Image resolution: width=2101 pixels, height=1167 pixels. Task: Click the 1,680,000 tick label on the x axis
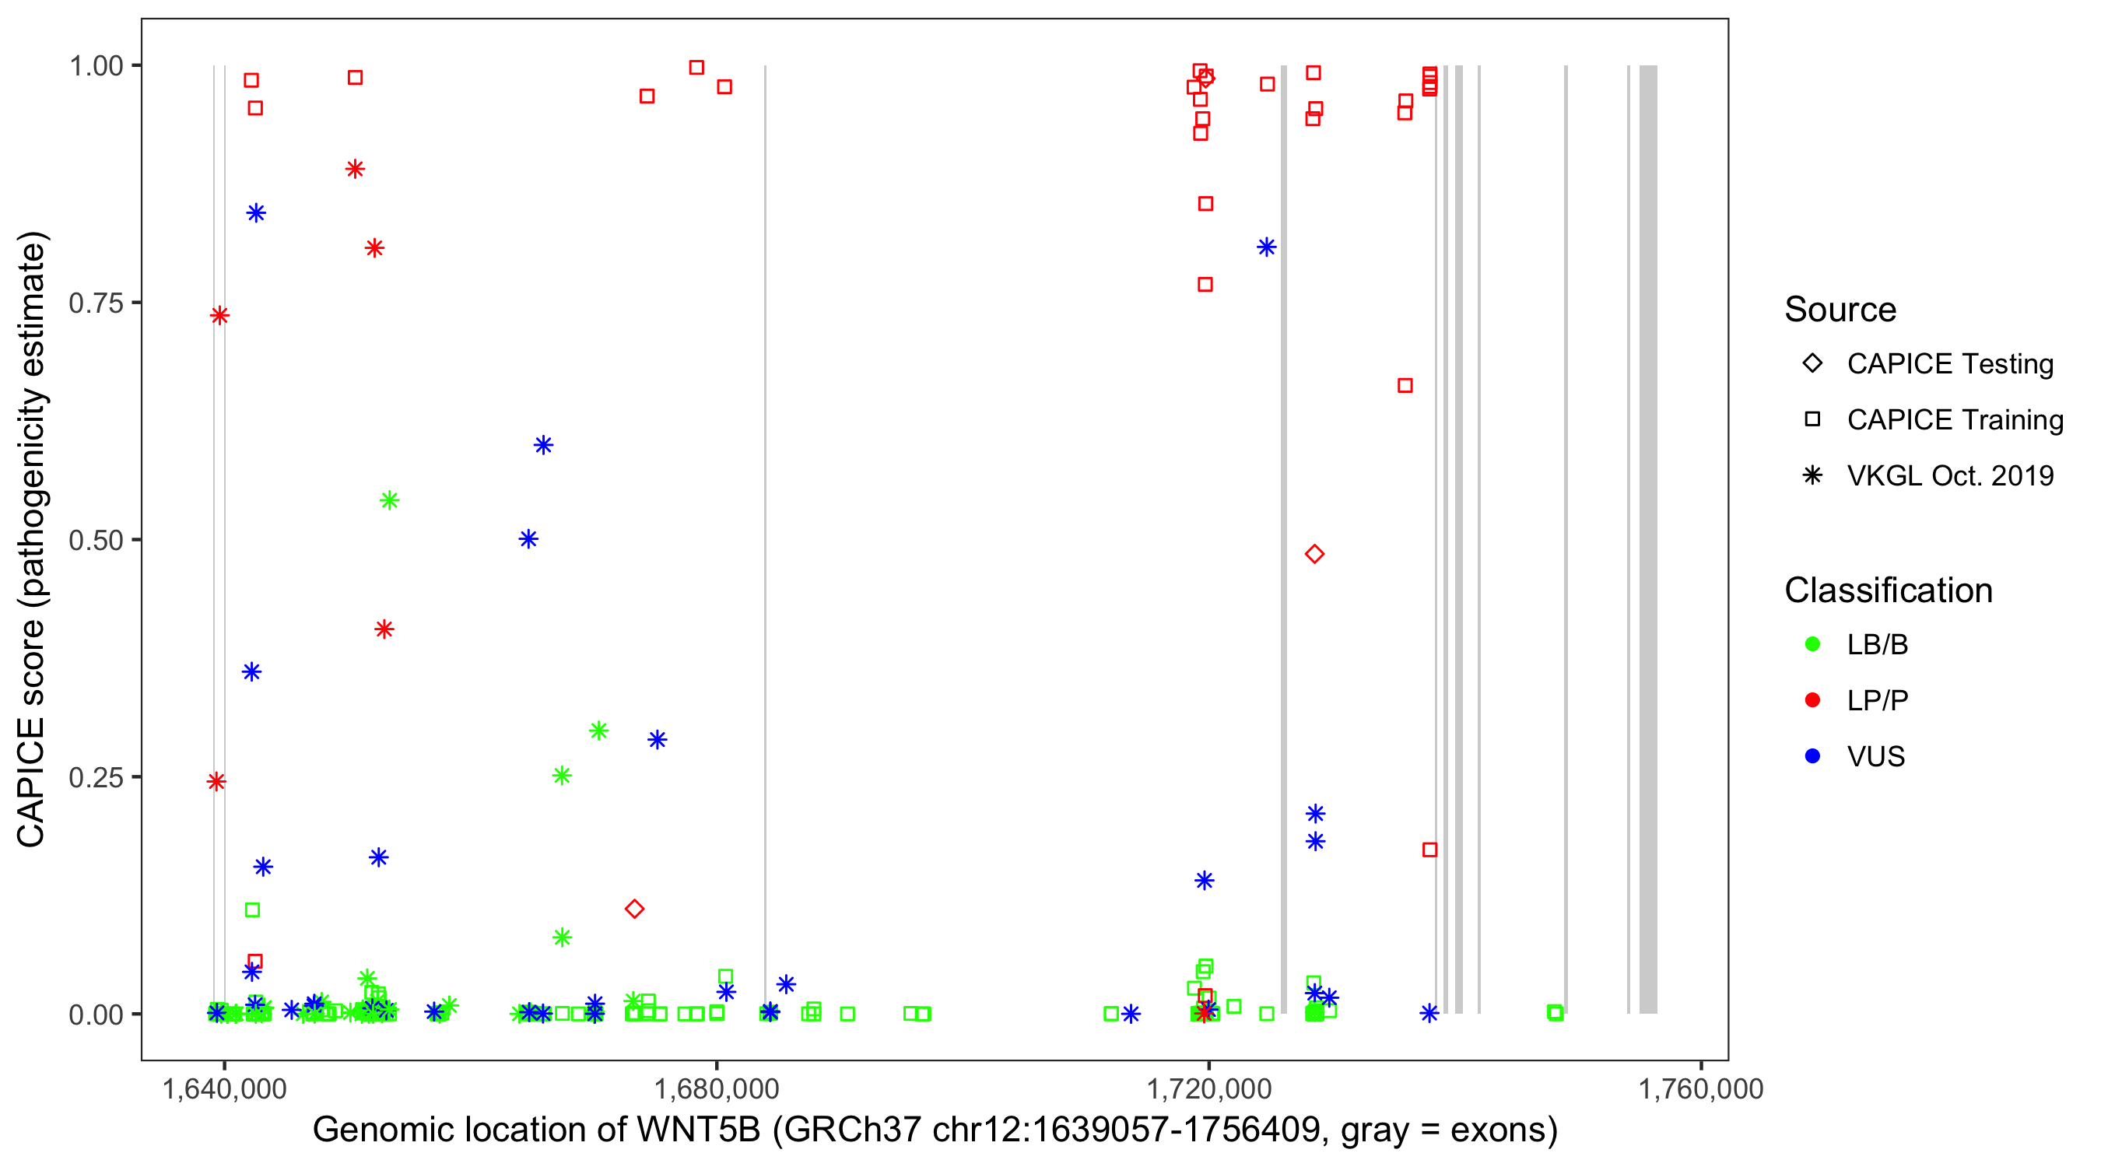[716, 1088]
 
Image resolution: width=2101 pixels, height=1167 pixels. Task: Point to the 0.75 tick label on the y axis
[96, 303]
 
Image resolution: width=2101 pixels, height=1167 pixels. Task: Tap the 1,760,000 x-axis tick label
[1700, 1088]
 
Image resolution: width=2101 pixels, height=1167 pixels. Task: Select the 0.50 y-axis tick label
[96, 540]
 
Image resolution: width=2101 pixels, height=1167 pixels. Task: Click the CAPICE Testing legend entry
[1949, 364]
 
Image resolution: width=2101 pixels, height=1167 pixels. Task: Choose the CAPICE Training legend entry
[1954, 420]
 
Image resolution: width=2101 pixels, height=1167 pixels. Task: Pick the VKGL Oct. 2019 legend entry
[1949, 475]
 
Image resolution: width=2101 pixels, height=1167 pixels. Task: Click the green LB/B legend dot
[1812, 644]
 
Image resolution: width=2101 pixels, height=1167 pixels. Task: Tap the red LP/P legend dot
[1812, 700]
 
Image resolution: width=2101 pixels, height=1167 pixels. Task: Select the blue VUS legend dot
[1812, 756]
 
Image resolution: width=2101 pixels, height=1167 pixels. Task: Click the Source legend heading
[1840, 310]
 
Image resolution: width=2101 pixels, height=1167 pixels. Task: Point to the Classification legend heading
[1888, 591]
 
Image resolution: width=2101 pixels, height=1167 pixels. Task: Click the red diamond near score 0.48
[1314, 555]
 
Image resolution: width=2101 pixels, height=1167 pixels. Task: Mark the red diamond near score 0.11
[634, 909]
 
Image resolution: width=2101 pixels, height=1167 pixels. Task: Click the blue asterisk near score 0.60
[543, 445]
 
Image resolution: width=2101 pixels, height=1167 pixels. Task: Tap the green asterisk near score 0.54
[390, 500]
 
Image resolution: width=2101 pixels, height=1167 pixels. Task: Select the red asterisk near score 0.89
[355, 170]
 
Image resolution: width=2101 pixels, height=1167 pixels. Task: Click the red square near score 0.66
[1405, 386]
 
